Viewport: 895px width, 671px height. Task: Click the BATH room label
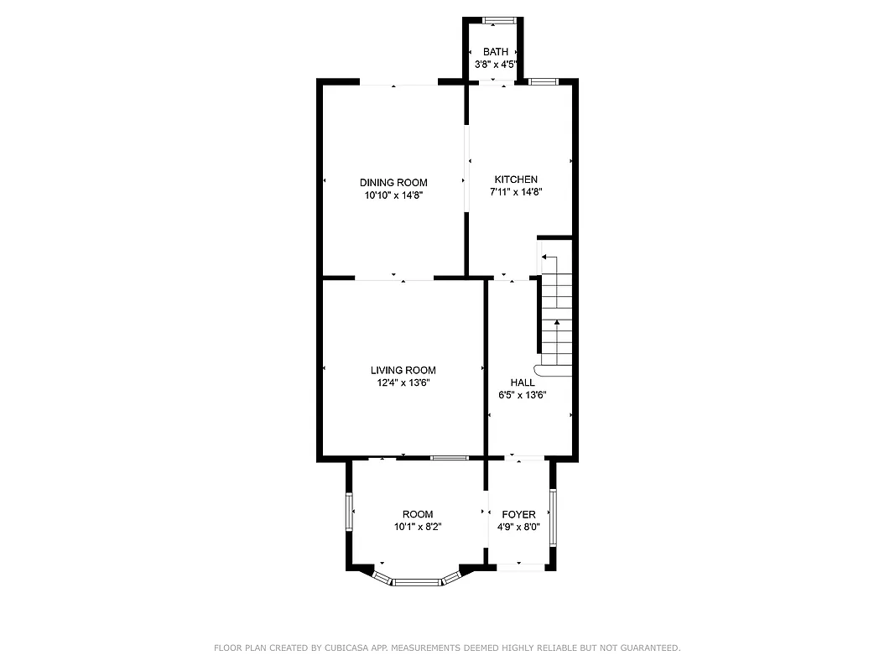495,52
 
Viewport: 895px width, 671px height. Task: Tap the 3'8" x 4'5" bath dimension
495,64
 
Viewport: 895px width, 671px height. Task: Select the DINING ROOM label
393,183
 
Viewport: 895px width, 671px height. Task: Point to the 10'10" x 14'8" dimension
393,195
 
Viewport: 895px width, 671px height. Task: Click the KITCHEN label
516,179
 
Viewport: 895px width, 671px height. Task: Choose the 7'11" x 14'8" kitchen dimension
516,191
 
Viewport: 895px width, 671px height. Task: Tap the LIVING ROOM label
403,371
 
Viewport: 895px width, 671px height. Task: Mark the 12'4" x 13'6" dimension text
403,382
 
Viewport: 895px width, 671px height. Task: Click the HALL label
523,382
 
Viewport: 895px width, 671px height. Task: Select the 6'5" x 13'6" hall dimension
523,395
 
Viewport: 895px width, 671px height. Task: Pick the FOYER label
518,515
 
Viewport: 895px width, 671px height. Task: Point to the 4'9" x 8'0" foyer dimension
518,528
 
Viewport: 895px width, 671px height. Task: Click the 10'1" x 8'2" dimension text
418,528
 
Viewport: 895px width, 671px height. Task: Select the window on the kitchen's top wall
544,81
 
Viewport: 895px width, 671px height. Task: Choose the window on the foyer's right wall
552,517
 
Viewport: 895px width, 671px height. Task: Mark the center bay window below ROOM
416,581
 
